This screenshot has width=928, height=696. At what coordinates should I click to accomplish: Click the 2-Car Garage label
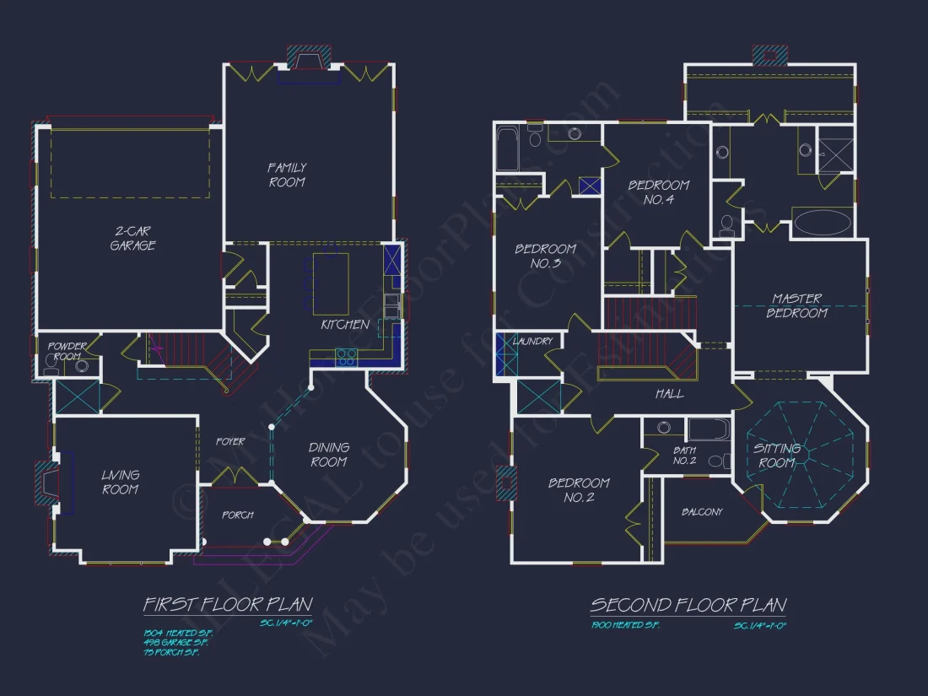[x=132, y=238]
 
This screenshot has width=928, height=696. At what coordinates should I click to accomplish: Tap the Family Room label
[x=287, y=175]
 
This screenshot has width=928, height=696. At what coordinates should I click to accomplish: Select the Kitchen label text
[x=344, y=324]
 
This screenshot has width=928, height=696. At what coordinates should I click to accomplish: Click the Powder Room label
[x=67, y=351]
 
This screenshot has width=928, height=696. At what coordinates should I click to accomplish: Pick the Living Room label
[x=121, y=482]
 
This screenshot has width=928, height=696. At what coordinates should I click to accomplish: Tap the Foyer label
[x=230, y=441]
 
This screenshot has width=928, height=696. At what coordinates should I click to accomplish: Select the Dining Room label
[x=328, y=455]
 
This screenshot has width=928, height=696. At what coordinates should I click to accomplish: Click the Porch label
[x=238, y=515]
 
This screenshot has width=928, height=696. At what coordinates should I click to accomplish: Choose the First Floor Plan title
[x=228, y=605]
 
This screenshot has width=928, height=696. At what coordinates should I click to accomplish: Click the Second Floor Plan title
[x=688, y=605]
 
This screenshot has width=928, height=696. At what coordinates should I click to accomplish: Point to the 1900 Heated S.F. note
[x=624, y=625]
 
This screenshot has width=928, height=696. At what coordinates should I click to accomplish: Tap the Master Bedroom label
[x=797, y=305]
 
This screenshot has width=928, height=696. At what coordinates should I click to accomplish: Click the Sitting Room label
[x=777, y=456]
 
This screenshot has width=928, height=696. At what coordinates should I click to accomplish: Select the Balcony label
[x=702, y=512]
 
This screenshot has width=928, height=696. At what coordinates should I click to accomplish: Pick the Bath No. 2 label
[x=684, y=456]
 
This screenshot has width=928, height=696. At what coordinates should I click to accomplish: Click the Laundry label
[x=534, y=341]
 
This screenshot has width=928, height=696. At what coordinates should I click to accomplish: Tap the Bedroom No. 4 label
[x=658, y=192]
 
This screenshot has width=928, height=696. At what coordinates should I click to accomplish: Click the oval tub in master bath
[x=823, y=222]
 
